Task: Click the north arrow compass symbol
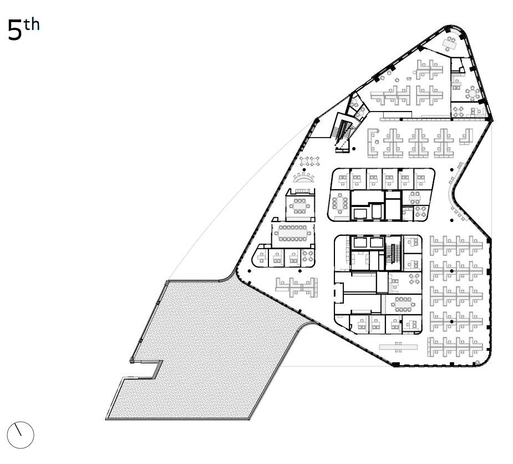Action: coord(21,434)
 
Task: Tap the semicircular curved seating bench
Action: coord(304,178)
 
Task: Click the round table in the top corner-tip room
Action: coord(473,94)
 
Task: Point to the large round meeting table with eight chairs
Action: coord(473,94)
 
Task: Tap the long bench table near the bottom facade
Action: coord(398,346)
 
